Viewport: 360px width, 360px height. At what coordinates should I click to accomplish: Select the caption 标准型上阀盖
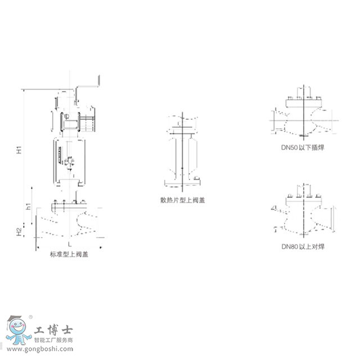pos(69,254)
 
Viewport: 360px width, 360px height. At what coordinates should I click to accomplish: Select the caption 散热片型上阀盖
pos(182,200)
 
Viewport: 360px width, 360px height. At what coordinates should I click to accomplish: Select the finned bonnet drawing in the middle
pos(182,152)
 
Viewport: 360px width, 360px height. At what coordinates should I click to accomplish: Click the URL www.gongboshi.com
pos(39,349)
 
